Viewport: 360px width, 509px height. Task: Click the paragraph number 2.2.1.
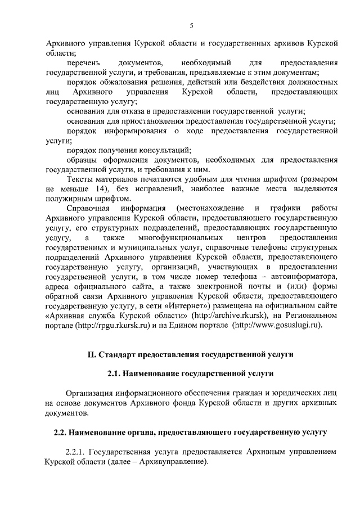pos(76,451)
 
